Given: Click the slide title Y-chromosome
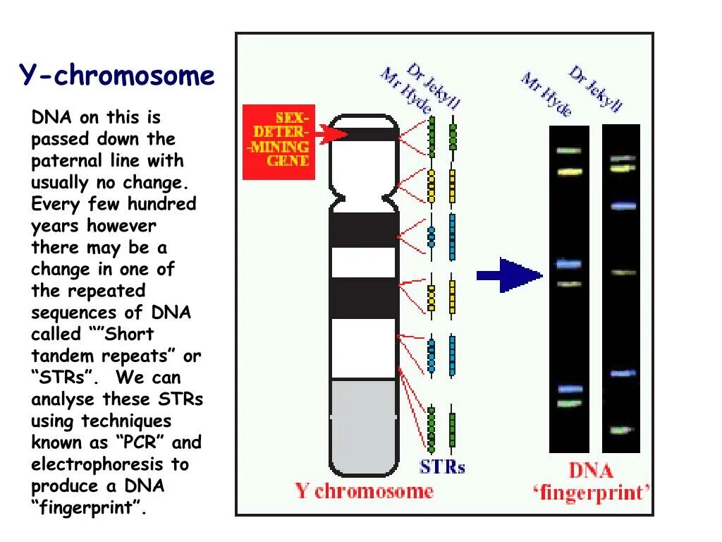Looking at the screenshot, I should [116, 76].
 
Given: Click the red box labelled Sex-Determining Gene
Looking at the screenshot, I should [279, 141].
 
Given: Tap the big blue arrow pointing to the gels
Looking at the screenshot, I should [509, 275].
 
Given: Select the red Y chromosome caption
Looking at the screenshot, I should [364, 491].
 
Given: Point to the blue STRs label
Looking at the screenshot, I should [442, 466].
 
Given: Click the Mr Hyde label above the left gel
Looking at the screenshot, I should [546, 94].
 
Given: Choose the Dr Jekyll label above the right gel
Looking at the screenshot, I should [596, 88].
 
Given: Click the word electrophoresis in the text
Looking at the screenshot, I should [99, 464].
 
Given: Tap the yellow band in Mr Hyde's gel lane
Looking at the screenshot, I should [568, 171].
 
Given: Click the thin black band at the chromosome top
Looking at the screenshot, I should [364, 134].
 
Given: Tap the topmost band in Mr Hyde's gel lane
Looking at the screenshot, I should [568, 150].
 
